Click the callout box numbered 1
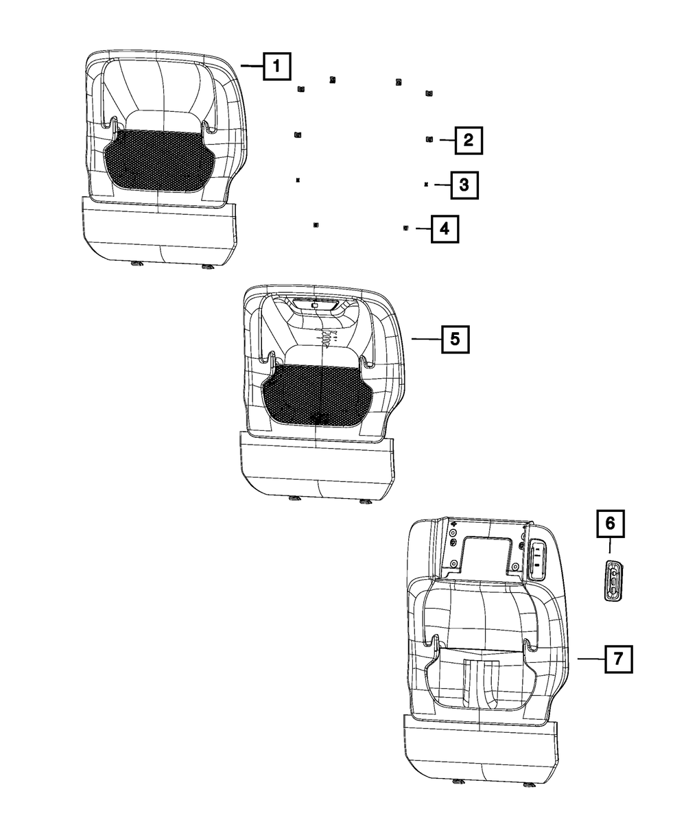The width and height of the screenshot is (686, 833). (x=276, y=67)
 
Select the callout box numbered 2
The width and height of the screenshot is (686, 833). (x=468, y=141)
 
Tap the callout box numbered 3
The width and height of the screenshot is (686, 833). (x=464, y=185)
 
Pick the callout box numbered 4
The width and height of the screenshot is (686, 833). (x=445, y=228)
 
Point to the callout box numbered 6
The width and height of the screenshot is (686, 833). (x=610, y=526)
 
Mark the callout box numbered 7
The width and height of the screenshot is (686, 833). (x=617, y=659)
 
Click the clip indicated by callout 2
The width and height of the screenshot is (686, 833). (x=429, y=139)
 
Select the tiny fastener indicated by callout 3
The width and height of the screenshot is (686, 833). (x=426, y=185)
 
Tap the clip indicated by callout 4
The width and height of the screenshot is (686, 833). (x=406, y=228)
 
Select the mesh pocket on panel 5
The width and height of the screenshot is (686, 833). (x=316, y=397)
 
